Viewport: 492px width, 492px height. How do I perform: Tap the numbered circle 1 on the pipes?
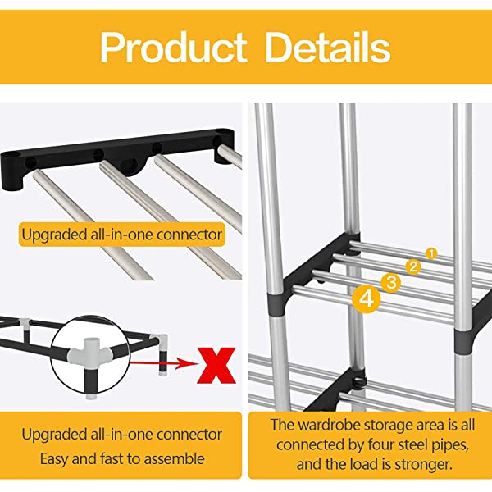coord(431,253)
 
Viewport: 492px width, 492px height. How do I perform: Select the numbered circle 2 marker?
coord(414,266)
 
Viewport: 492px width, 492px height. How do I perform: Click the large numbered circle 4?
coord(367,299)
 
